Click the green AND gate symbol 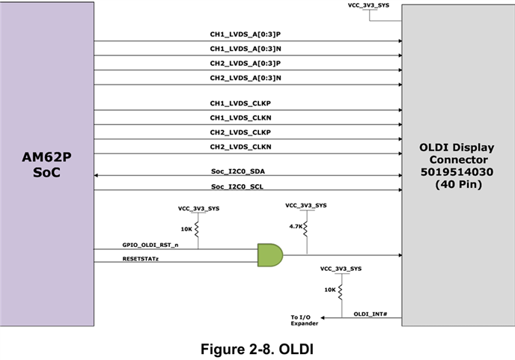[270, 255]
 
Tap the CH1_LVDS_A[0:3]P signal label [246, 34]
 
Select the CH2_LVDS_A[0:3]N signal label [246, 78]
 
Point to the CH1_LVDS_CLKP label [240, 103]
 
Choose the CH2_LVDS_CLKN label [241, 147]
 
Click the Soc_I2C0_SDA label [238, 171]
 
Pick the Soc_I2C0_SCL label [237, 186]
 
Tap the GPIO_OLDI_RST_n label [150, 245]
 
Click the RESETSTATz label [141, 259]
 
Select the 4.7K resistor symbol [305, 228]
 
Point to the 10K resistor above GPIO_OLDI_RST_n [197, 229]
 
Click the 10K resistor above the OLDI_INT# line [341, 292]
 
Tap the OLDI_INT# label [371, 314]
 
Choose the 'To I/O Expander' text [304, 320]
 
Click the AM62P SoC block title [46, 165]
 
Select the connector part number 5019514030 [457, 172]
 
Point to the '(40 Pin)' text [459, 184]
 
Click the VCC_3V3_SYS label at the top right [368, 5]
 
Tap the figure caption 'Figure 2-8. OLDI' [257, 349]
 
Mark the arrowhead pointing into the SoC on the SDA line [96, 175]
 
